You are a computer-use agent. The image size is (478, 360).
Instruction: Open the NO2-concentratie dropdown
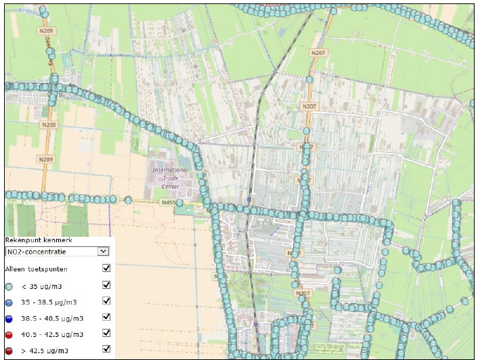[51, 251]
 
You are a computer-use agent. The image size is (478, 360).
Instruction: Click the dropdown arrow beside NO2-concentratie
[103, 251]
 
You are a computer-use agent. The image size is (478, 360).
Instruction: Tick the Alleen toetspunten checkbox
[106, 268]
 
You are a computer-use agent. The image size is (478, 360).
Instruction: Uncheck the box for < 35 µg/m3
[106, 285]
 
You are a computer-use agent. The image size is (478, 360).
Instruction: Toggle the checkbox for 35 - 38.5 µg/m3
[106, 301]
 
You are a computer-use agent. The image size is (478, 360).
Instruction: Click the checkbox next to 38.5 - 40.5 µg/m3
[106, 317]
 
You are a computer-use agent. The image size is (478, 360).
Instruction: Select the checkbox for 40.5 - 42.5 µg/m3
[106, 333]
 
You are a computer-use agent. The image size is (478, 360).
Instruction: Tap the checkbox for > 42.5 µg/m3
[106, 349]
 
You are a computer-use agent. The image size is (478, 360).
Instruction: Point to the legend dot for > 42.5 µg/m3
[9, 350]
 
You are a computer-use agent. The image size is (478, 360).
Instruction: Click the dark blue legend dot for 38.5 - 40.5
[9, 318]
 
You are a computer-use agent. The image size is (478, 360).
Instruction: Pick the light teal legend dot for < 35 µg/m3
[9, 286]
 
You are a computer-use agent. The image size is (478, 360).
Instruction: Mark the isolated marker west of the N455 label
[128, 200]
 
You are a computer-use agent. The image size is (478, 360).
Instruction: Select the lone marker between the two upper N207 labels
[309, 79]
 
